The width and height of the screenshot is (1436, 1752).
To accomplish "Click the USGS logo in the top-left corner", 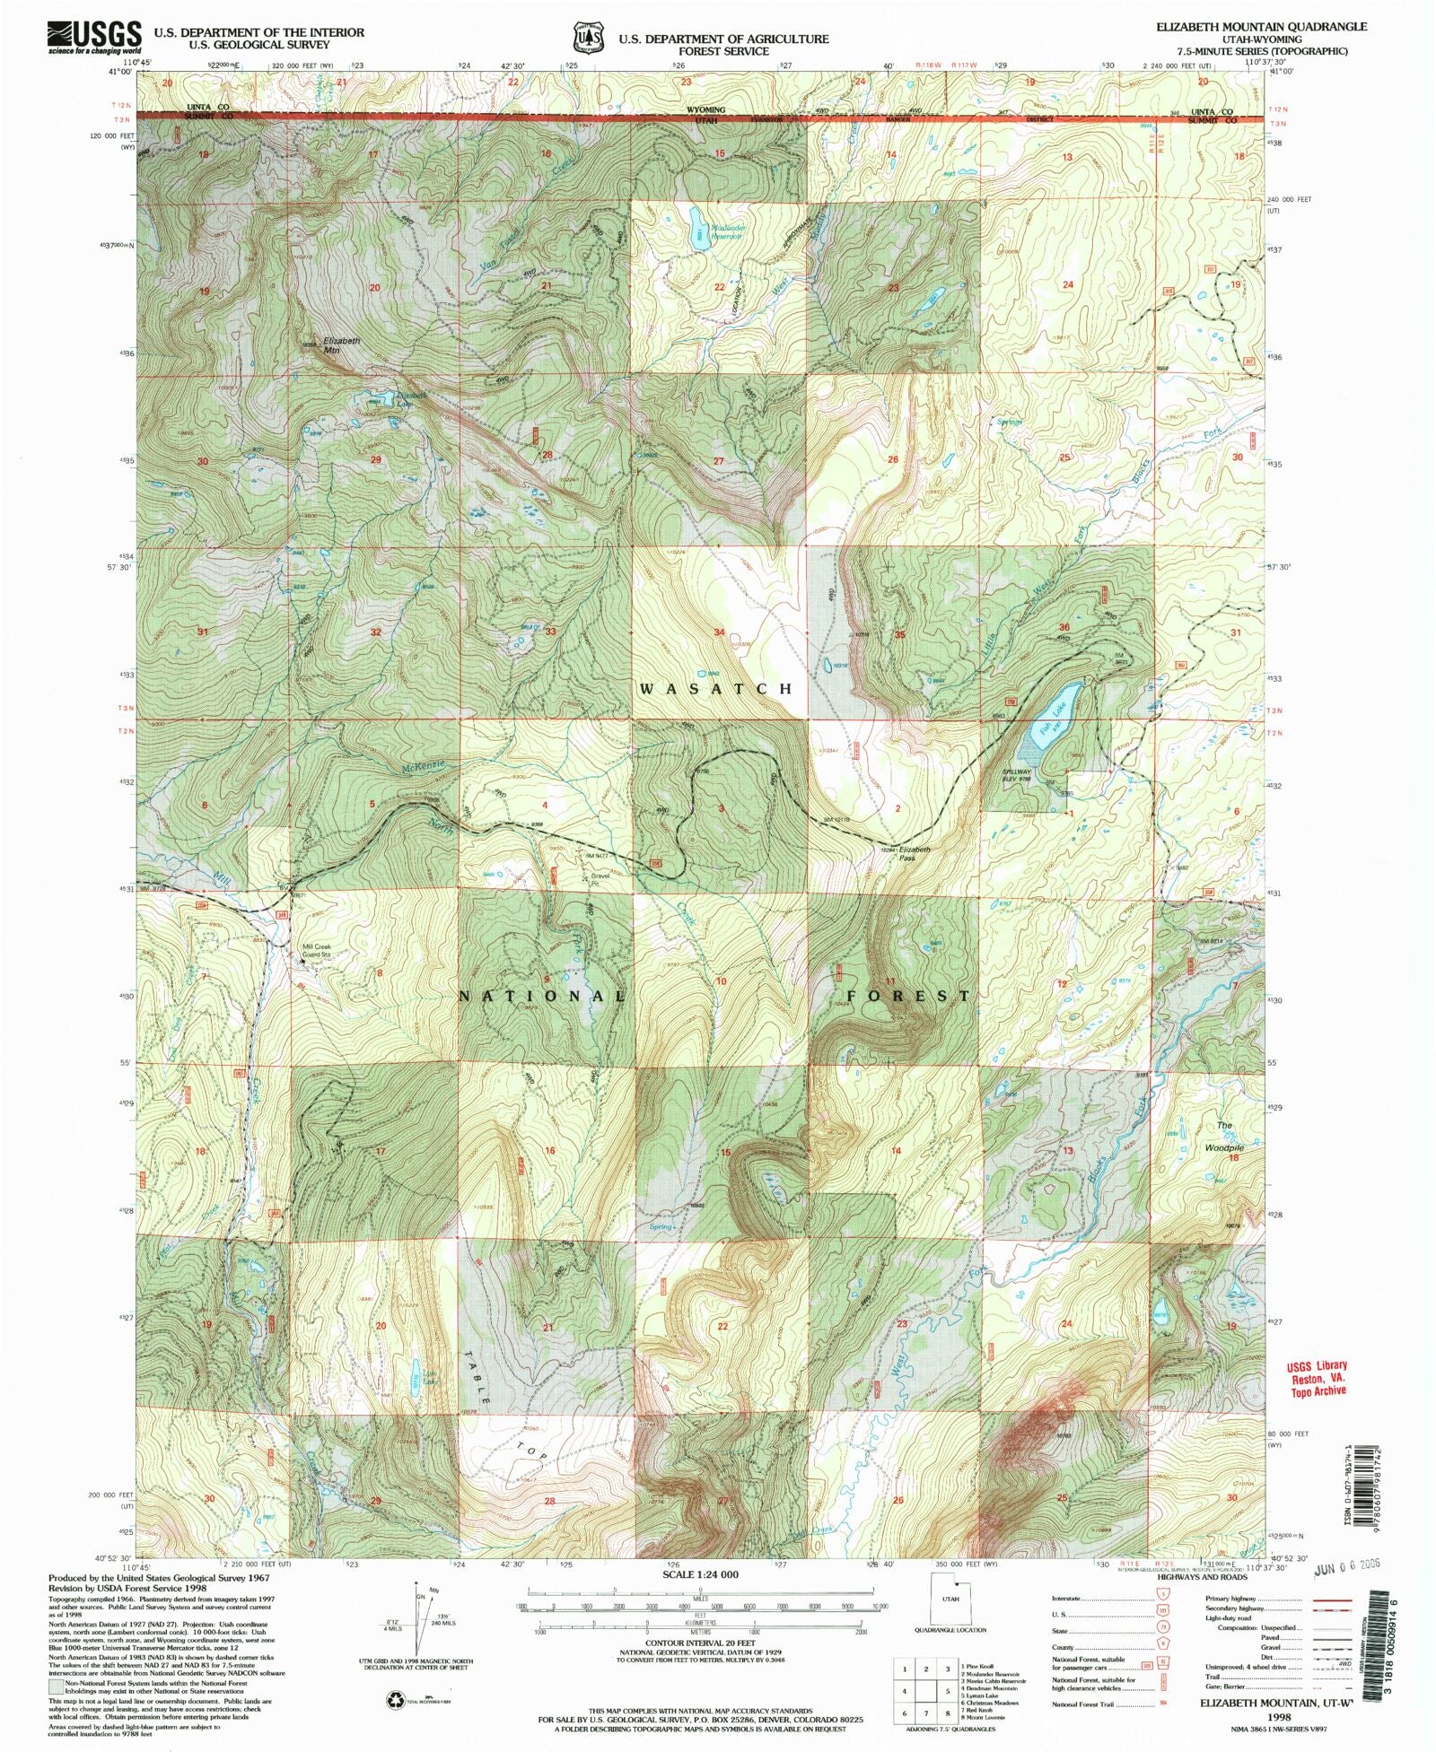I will [94, 38].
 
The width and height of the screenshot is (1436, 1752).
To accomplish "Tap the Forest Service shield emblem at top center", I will [587, 39].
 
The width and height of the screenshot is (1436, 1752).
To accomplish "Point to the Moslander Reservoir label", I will [726, 232].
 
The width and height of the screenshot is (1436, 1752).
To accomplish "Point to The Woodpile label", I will [1229, 1136].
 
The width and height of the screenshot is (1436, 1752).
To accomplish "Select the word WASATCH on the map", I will [716, 688].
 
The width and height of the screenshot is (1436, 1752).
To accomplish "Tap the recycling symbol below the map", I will [396, 1698].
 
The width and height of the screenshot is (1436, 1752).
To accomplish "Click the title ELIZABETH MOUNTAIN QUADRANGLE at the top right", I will [1261, 27].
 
